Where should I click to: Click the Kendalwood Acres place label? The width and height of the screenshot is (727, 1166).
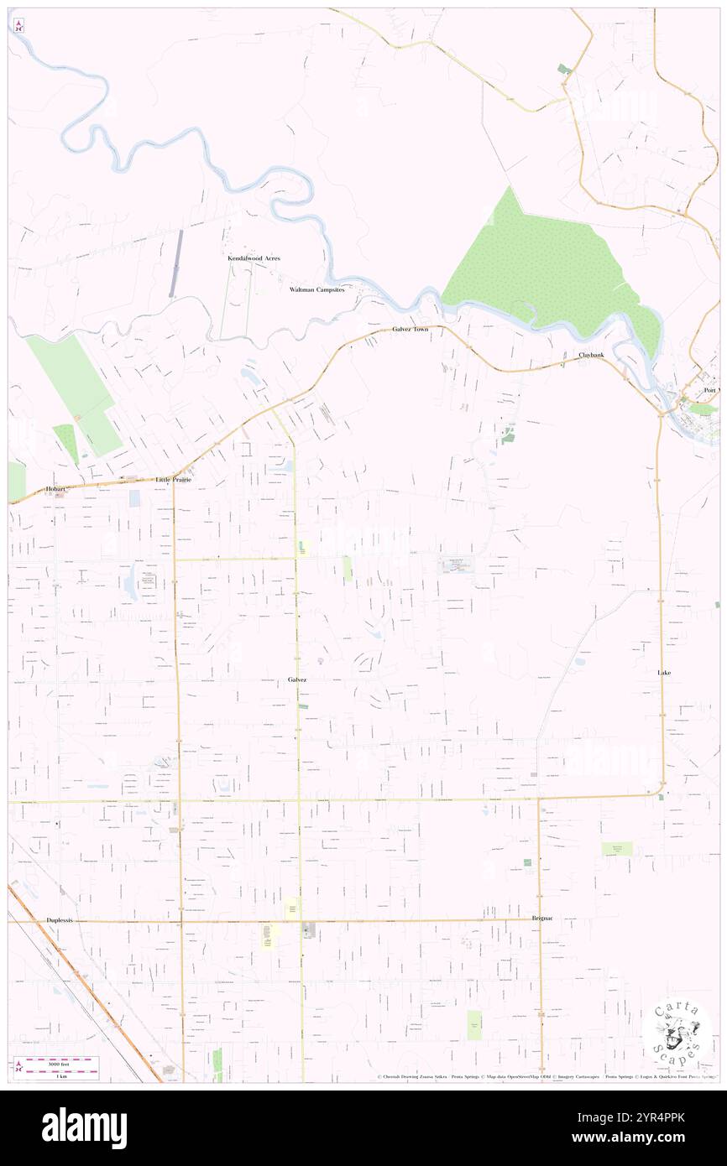click(x=254, y=258)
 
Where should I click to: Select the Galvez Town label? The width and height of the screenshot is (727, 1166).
click(x=410, y=330)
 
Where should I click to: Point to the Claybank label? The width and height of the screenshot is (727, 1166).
click(x=590, y=355)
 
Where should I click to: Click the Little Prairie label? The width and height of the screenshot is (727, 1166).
click(x=174, y=480)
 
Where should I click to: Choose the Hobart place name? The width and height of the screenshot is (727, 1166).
click(x=56, y=488)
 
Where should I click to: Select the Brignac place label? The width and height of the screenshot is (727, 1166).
click(x=541, y=919)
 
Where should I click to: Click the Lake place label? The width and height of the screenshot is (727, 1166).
click(x=664, y=673)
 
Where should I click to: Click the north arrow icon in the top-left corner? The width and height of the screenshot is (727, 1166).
click(x=18, y=26)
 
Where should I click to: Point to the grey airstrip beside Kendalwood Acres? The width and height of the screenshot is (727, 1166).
click(x=175, y=263)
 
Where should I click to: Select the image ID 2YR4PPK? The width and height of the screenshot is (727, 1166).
click(x=657, y=1119)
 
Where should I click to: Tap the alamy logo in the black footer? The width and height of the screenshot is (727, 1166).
click(x=84, y=1127)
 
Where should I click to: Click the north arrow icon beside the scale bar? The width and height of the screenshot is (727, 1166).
click(x=19, y=1067)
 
